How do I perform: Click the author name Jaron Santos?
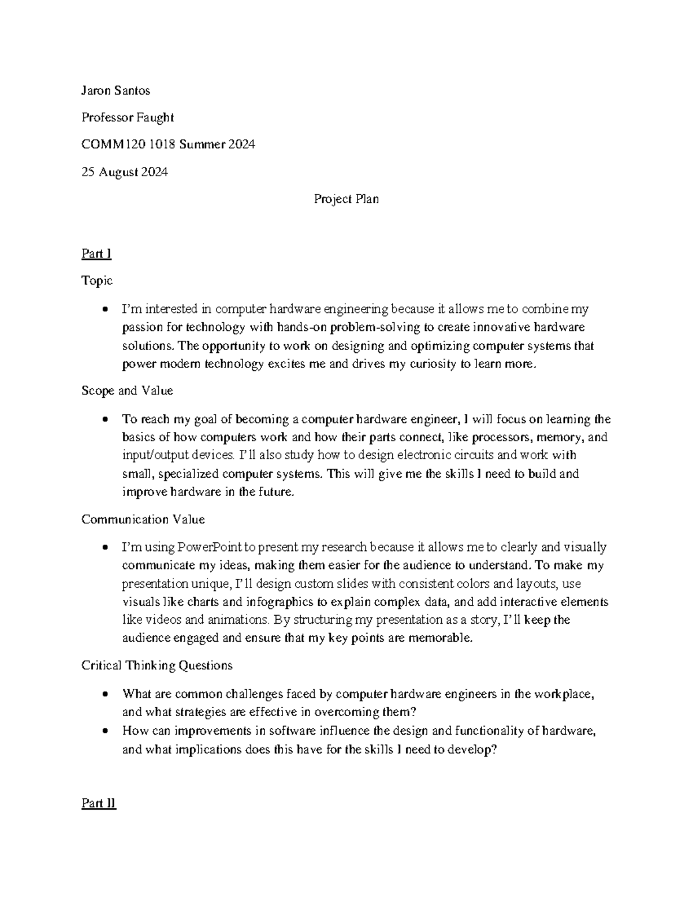(115, 91)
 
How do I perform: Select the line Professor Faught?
(127, 118)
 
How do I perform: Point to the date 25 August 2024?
(125, 172)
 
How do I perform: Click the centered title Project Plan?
(346, 199)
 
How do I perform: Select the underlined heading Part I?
(96, 254)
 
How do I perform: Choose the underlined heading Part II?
(99, 803)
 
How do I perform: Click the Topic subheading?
(96, 281)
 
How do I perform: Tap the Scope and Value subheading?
(127, 390)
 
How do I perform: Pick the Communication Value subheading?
(143, 519)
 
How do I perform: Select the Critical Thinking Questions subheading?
(157, 665)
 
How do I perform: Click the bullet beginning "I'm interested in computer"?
(105, 310)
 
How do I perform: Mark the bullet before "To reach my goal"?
(105, 419)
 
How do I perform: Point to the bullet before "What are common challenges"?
(105, 694)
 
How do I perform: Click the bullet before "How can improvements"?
(105, 731)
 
